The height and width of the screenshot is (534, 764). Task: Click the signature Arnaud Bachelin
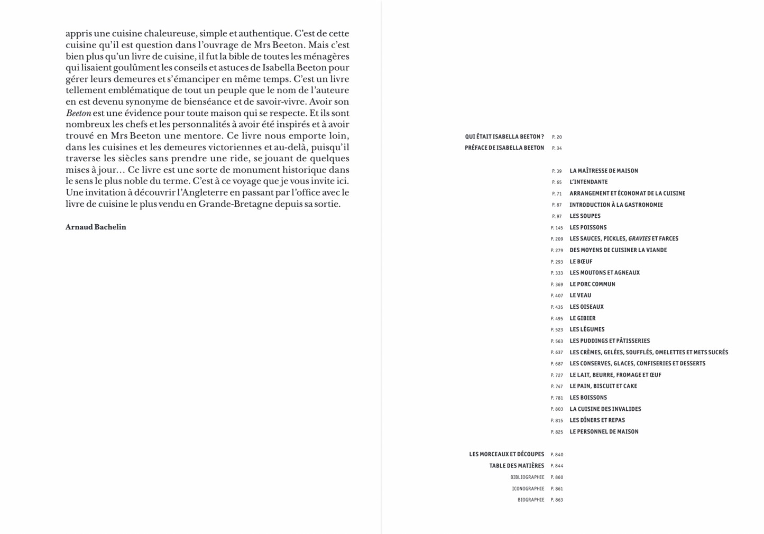click(x=96, y=227)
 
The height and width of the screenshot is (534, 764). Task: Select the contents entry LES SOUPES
click(x=585, y=216)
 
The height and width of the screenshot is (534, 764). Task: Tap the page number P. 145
click(x=557, y=228)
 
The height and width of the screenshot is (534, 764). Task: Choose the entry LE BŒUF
click(x=581, y=261)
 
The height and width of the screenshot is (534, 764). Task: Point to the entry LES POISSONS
click(x=588, y=227)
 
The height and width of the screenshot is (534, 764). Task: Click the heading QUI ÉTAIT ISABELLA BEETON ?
click(x=504, y=136)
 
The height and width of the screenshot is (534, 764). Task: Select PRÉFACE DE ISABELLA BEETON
click(x=504, y=148)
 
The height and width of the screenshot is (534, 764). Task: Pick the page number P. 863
click(x=557, y=500)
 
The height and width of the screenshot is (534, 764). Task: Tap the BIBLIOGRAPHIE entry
click(x=527, y=477)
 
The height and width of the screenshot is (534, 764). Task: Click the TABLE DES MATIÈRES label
click(x=517, y=466)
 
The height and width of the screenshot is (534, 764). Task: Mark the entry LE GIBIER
click(x=582, y=318)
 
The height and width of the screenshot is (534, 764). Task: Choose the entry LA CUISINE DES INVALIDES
click(x=605, y=409)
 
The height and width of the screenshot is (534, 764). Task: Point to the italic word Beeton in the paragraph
click(x=78, y=113)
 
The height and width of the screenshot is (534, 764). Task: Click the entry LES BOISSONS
click(x=588, y=398)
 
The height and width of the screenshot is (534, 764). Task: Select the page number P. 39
click(x=557, y=171)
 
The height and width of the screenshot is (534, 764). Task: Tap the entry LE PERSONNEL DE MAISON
click(x=604, y=431)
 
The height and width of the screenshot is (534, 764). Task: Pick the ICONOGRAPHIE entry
click(x=528, y=489)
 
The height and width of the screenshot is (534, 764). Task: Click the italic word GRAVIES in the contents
click(x=639, y=238)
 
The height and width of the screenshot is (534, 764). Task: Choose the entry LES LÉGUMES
click(x=587, y=329)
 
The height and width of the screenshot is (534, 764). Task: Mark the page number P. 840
click(x=557, y=455)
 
